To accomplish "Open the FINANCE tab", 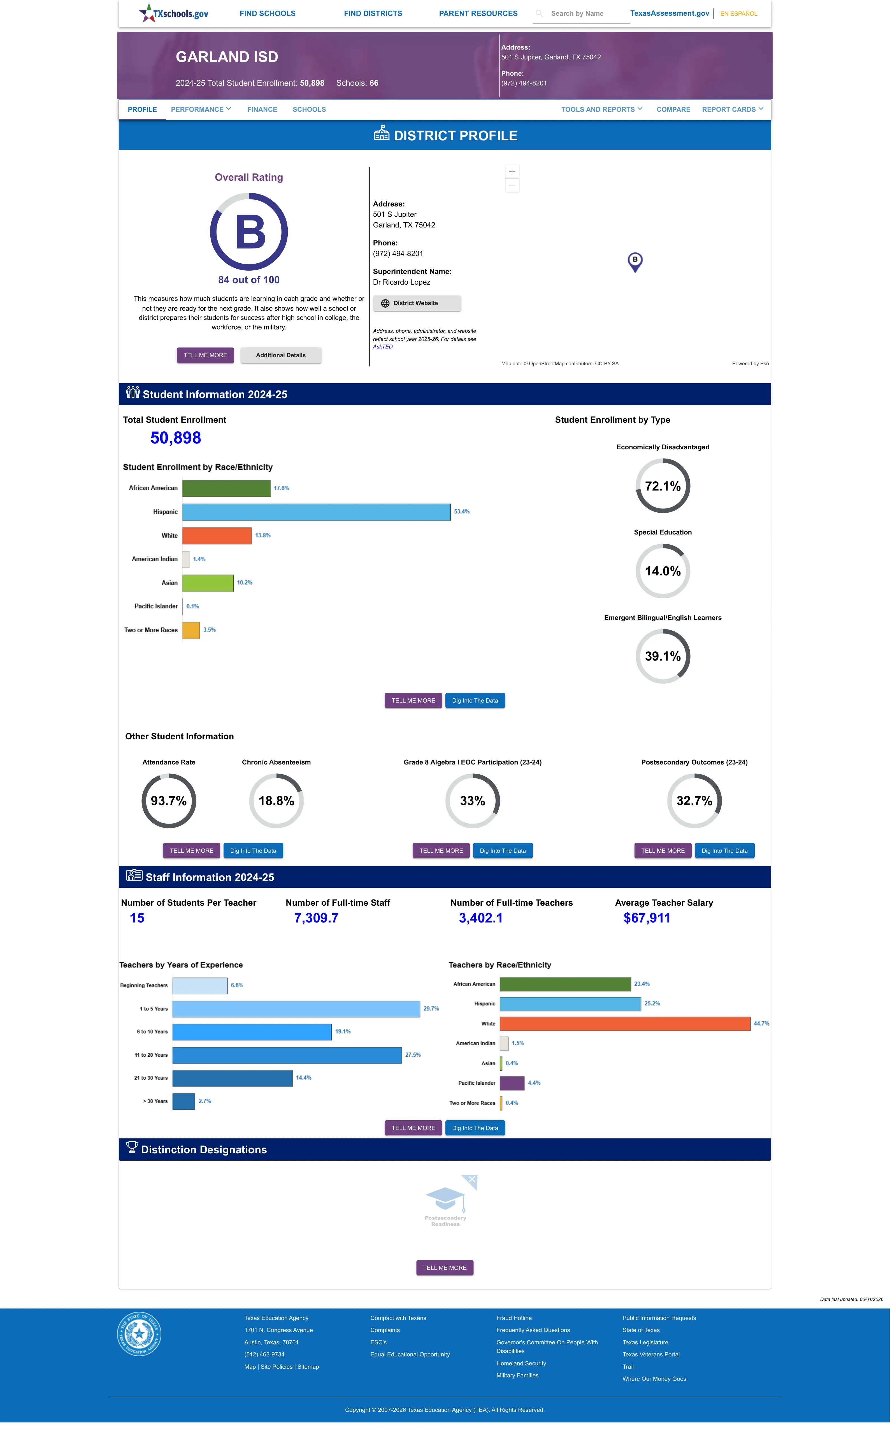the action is tap(262, 110).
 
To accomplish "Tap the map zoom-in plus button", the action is tap(512, 171).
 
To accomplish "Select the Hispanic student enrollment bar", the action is tap(316, 512).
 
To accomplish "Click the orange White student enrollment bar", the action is tap(217, 535).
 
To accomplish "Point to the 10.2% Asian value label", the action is tap(244, 583).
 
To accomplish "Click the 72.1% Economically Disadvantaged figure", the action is tap(663, 486).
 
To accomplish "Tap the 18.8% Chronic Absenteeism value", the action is tap(276, 801).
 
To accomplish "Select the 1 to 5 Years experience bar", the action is tap(296, 1008).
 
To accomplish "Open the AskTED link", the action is tap(383, 347).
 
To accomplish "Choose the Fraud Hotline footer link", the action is tap(514, 1318).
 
